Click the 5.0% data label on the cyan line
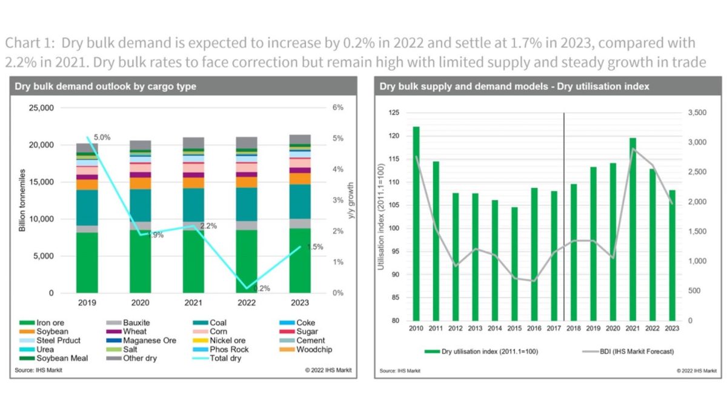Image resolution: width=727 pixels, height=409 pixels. click(x=102, y=138)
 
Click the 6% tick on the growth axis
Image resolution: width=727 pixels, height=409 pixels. click(x=337, y=108)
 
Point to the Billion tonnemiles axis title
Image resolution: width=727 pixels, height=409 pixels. click(x=22, y=201)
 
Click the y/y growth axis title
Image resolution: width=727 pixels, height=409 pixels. click(x=350, y=201)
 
